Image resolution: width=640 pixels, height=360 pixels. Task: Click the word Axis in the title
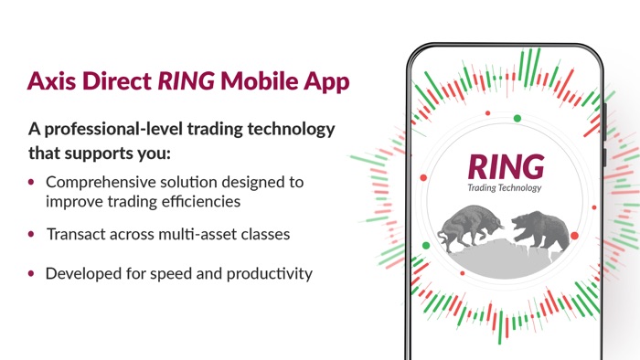[51, 81]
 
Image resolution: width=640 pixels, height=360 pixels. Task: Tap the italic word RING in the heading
[186, 81]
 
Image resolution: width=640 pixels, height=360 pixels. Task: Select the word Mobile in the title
[262, 81]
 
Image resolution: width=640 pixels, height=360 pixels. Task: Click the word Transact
[79, 235]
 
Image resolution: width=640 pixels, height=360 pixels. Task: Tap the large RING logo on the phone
[506, 166]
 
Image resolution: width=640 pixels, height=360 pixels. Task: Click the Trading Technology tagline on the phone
[506, 189]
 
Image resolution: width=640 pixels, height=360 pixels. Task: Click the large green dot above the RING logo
[517, 118]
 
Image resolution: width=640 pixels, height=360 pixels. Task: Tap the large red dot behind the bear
[574, 236]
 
